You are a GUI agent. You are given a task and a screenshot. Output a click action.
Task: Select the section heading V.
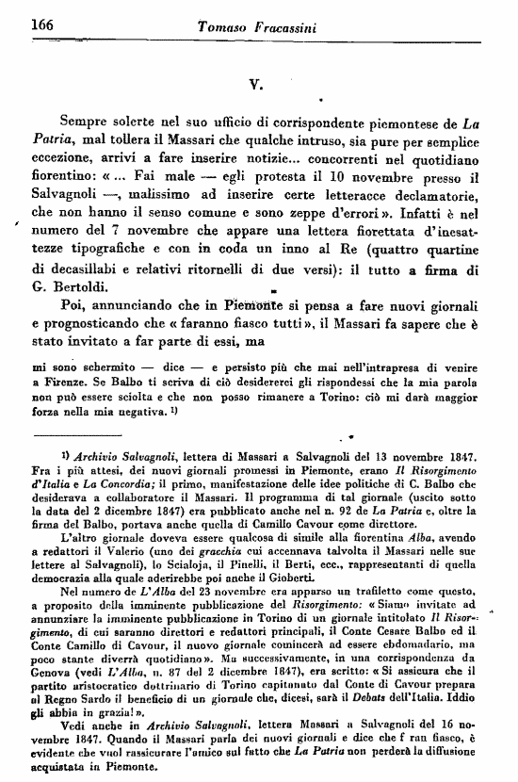point(255,81)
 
